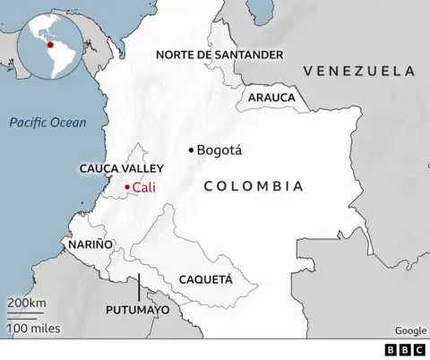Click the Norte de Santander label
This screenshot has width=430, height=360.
tap(219, 55)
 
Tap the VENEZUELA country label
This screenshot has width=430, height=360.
tap(358, 70)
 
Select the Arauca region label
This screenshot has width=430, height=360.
tap(271, 97)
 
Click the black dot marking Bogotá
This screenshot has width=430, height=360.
tap(191, 150)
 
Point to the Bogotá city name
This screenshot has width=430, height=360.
tap(219, 150)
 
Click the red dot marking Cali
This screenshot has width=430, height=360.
tap(127, 186)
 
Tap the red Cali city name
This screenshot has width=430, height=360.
tap(143, 186)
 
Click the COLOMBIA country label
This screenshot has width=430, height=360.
tap(253, 186)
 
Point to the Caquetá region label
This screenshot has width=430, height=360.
tap(205, 279)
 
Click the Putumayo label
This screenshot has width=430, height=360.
tap(138, 310)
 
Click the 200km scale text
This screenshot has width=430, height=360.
tap(27, 304)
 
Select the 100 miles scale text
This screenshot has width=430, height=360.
tap(33, 329)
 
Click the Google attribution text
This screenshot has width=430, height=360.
tap(410, 330)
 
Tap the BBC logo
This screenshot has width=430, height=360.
tap(404, 349)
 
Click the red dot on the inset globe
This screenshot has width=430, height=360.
tap(50, 44)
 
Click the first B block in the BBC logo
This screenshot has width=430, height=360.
tap(391, 349)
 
